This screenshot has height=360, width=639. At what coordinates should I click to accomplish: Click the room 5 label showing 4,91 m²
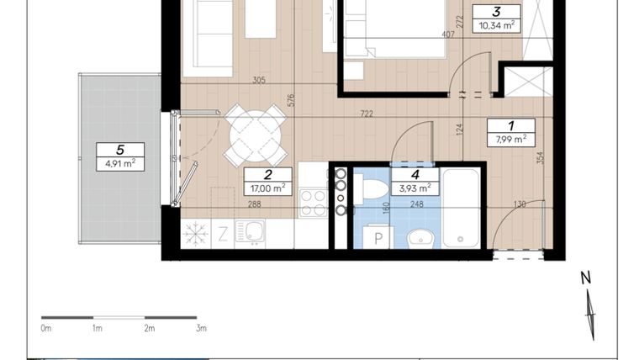point(120,156)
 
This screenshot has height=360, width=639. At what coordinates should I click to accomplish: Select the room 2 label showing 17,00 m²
point(268,182)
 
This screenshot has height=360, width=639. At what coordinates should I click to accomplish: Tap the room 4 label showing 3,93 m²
point(415,182)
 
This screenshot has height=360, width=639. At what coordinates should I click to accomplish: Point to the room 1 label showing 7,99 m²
point(511,133)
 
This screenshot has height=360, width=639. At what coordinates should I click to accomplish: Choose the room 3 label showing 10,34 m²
point(497,19)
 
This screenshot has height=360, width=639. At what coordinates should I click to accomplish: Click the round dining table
point(255,135)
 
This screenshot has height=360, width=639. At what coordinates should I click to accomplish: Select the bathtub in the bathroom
point(461,208)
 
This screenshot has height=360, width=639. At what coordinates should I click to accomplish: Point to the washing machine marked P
point(378,237)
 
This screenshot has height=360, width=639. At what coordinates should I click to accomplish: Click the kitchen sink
point(250,232)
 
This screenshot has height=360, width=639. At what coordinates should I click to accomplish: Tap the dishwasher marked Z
point(223,235)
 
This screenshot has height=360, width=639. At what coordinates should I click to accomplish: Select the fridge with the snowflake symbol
point(196,235)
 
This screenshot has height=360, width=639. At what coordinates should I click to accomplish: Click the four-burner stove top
point(314,203)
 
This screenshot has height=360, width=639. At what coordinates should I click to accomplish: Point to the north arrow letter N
point(586,278)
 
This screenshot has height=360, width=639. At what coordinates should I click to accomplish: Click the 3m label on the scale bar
point(201,328)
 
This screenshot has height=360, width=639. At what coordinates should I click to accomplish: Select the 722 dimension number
point(367,114)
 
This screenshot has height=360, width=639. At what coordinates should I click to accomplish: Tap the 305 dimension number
point(259,80)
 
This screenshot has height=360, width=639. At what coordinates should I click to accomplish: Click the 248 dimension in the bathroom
point(417,204)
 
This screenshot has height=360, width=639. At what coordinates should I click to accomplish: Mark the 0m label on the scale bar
point(46,328)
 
